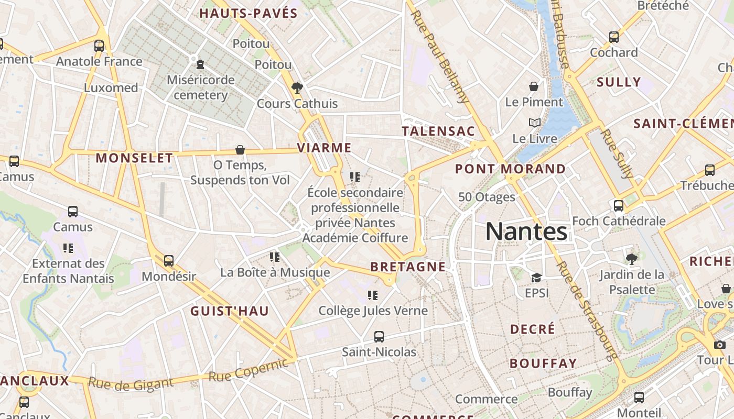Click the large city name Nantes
pyautogui.click(x=526, y=231)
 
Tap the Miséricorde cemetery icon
pyautogui.click(x=200, y=65)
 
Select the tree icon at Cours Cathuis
pyautogui.click(x=297, y=87)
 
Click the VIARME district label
pyautogui.click(x=324, y=148)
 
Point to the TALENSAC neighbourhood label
pyautogui.click(x=438, y=131)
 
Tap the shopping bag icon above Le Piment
pyautogui.click(x=534, y=86)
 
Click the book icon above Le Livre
pyautogui.click(x=534, y=123)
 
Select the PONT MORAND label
pyautogui.click(x=510, y=169)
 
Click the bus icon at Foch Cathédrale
pyautogui.click(x=619, y=205)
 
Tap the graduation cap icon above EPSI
pyautogui.click(x=536, y=278)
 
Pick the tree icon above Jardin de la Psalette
pyautogui.click(x=632, y=258)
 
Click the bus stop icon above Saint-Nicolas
pyautogui.click(x=379, y=336)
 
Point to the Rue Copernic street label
pyautogui.click(x=249, y=370)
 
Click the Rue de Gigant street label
pyautogui.click(x=131, y=384)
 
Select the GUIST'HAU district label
pyautogui.click(x=230, y=311)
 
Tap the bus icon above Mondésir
pyautogui.click(x=168, y=260)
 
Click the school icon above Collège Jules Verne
pyautogui.click(x=373, y=295)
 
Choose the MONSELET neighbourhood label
pyautogui.click(x=134, y=158)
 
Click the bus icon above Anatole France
pyautogui.click(x=99, y=46)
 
